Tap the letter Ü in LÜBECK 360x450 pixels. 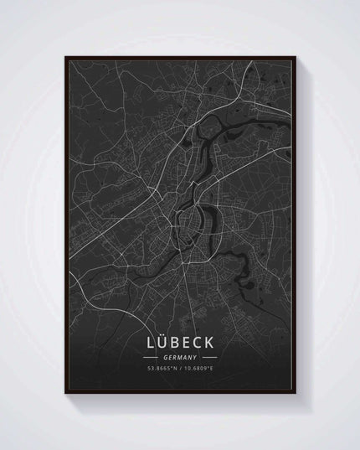tap(161, 344)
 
